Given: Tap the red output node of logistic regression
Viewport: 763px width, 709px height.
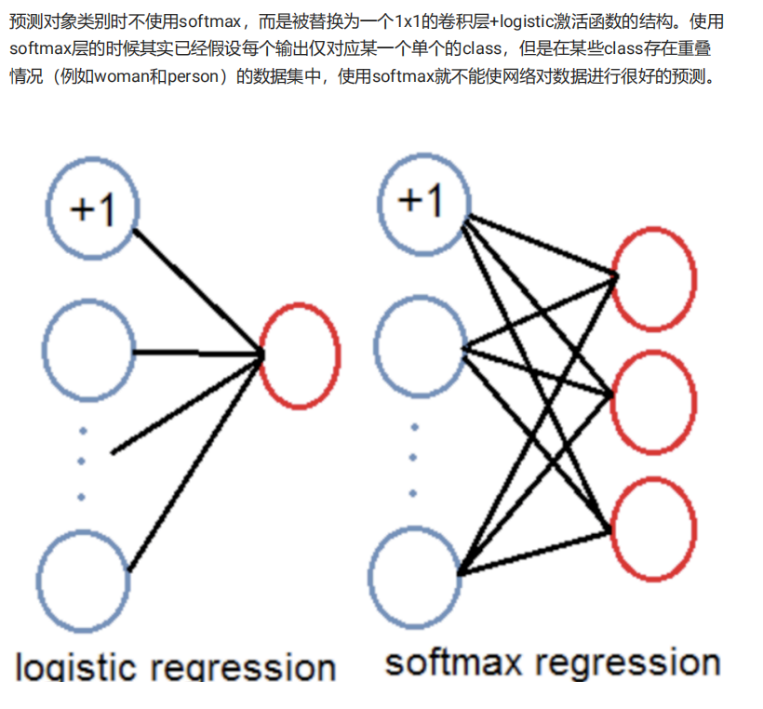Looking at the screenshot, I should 300,354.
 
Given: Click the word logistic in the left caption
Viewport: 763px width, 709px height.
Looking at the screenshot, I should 77,666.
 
